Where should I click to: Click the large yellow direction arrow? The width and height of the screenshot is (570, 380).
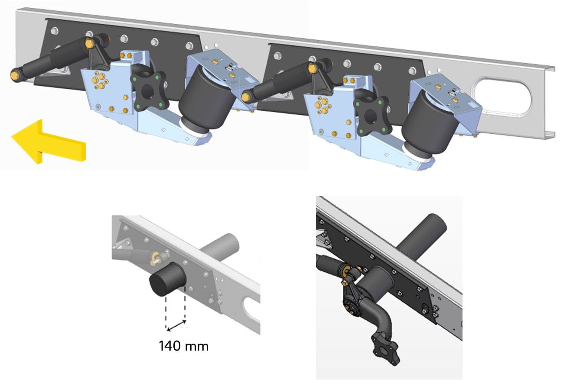[49, 142]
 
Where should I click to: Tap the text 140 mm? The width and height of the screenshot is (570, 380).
[183, 346]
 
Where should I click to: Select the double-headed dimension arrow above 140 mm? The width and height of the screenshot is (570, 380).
[176, 325]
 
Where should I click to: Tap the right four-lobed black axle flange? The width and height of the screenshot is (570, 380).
[371, 116]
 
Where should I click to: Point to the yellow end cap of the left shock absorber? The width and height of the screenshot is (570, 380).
[16, 75]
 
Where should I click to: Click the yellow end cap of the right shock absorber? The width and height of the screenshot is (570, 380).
[246, 97]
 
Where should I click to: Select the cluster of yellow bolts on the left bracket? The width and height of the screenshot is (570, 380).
[100, 80]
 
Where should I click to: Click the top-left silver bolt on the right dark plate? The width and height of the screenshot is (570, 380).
[278, 55]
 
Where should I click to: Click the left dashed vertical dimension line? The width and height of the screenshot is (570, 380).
[166, 312]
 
